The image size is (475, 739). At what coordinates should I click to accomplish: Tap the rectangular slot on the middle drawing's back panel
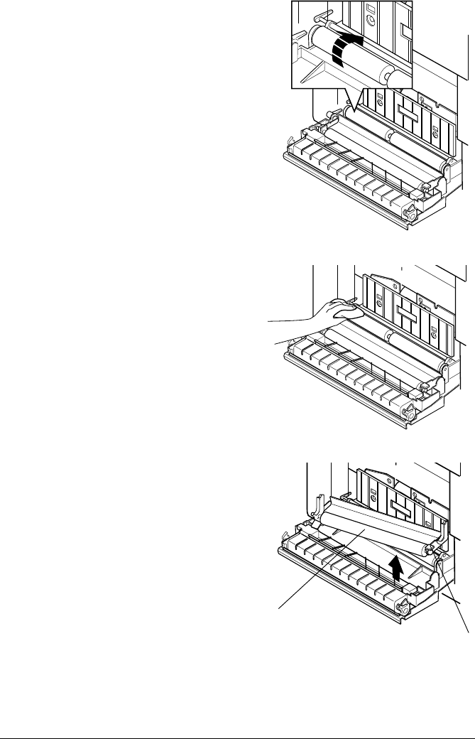tap(410, 312)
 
